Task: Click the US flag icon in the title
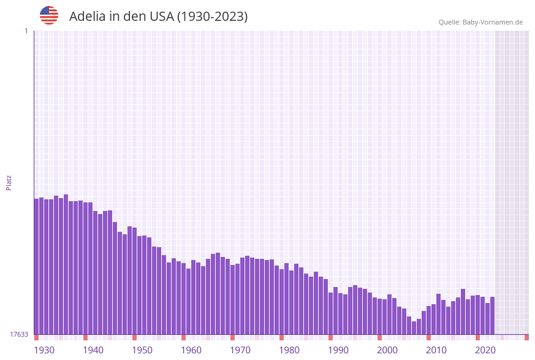point(49,15)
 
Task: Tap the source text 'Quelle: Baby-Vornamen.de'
point(480,22)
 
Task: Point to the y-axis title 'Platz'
point(9,182)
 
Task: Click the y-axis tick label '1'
point(26,31)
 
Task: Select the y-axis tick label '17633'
point(19,334)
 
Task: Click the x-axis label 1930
point(44,350)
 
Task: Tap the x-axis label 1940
point(93,350)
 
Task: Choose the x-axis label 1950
point(142,350)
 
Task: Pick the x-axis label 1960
point(191,350)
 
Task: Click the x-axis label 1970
point(240,350)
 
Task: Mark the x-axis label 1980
point(289,350)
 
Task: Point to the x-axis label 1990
point(338,350)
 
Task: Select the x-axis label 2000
point(387,350)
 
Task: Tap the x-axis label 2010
point(436,350)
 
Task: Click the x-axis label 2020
point(485,350)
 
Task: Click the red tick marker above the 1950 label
point(135,337)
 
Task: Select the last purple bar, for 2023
point(492,315)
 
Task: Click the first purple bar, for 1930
point(36,266)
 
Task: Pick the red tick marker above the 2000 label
point(380,337)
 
